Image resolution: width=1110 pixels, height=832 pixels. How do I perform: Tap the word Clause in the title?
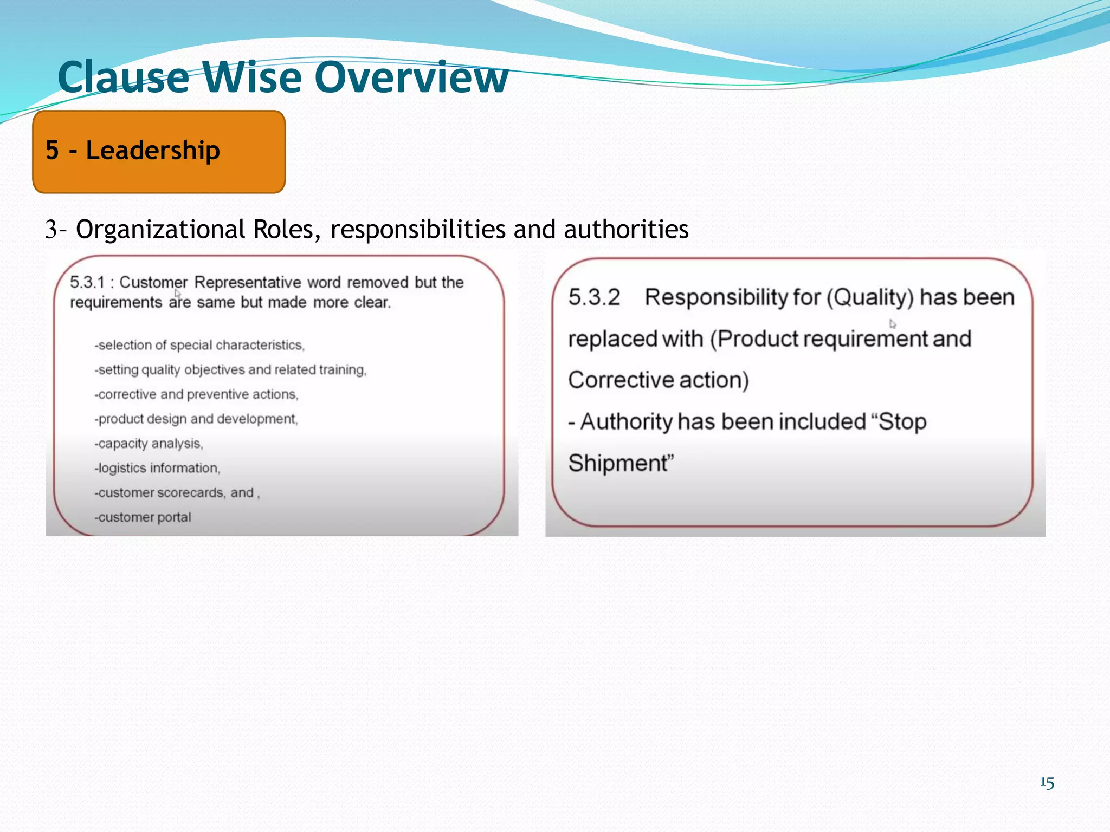pyautogui.click(x=124, y=77)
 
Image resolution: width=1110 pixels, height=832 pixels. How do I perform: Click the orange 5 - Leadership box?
pyautogui.click(x=159, y=152)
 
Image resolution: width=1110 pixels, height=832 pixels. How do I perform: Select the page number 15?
pyautogui.click(x=1047, y=783)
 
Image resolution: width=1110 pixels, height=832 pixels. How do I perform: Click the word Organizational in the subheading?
pyautogui.click(x=160, y=229)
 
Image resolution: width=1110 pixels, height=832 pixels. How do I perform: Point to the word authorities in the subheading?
pyautogui.click(x=626, y=229)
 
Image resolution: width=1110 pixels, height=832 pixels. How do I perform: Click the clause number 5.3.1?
pyautogui.click(x=87, y=282)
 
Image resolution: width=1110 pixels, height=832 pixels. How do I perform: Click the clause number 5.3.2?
pyautogui.click(x=594, y=297)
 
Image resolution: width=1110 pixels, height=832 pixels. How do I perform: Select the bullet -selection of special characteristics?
pyautogui.click(x=199, y=345)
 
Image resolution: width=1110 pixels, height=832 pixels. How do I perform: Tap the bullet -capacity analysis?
pyautogui.click(x=149, y=444)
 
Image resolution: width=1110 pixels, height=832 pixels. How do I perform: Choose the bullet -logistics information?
pyautogui.click(x=157, y=468)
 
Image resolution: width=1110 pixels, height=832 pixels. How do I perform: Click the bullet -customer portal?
pyautogui.click(x=143, y=517)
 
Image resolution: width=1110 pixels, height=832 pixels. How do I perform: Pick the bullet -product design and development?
pyautogui.click(x=196, y=419)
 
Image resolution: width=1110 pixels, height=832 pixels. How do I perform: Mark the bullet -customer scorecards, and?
pyautogui.click(x=177, y=493)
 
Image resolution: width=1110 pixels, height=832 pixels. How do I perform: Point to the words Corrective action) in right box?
pyautogui.click(x=659, y=380)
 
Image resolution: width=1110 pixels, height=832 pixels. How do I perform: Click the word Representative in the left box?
pyautogui.click(x=247, y=282)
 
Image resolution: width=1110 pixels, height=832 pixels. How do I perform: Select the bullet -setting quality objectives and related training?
pyautogui.click(x=230, y=370)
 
